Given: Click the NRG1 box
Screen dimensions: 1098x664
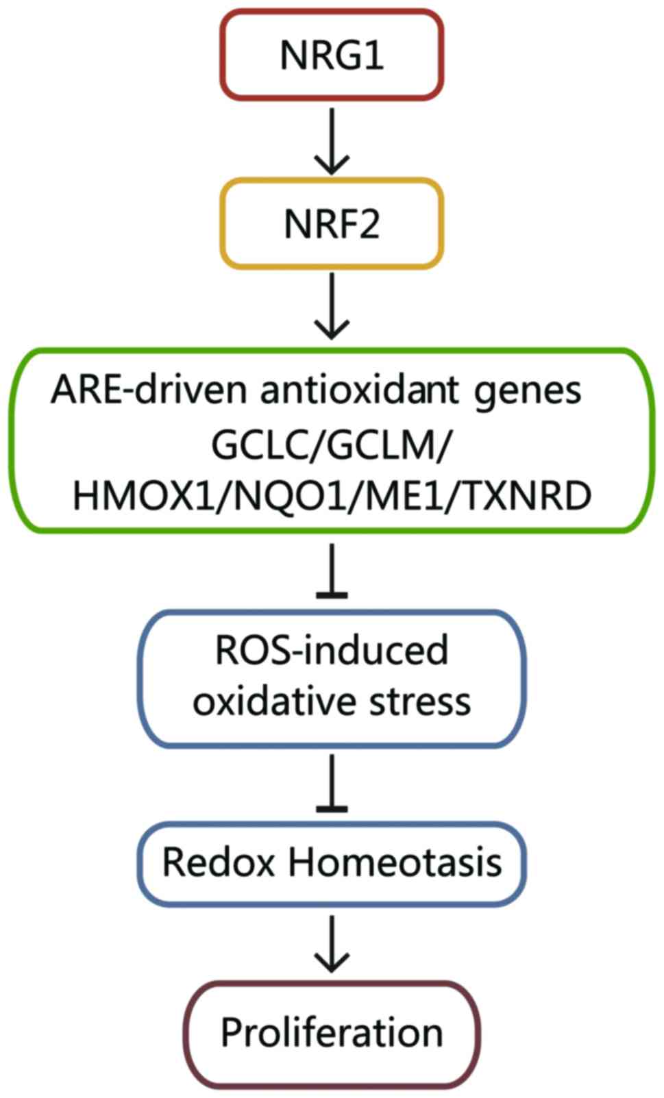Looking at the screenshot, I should [332, 55].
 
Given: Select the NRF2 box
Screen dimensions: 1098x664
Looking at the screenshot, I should [332, 224].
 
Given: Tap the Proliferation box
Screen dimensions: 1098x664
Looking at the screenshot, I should [332, 1033].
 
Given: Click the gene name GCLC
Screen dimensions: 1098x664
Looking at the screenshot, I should [263, 446].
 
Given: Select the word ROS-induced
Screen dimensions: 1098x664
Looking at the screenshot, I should [332, 650].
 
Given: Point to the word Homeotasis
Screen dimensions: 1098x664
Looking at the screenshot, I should [395, 863].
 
